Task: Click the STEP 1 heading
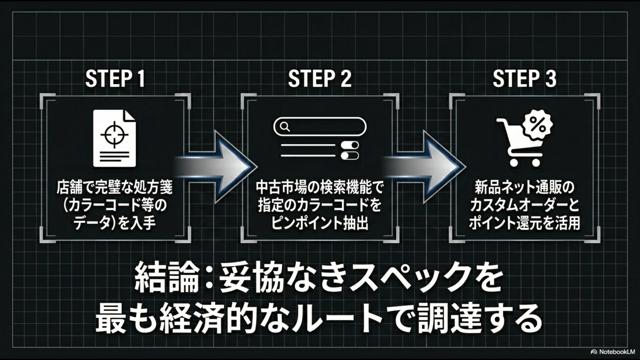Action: point(115,79)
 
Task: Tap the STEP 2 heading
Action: point(320,79)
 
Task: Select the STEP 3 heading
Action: point(525,79)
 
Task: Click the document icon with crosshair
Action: point(114,138)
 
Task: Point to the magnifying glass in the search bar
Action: point(285,127)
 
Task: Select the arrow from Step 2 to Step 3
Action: point(425,166)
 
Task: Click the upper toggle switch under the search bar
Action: point(350,145)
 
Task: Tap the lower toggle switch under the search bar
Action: point(350,156)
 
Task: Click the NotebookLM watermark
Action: point(613,352)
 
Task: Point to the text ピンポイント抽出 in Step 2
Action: point(320,223)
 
